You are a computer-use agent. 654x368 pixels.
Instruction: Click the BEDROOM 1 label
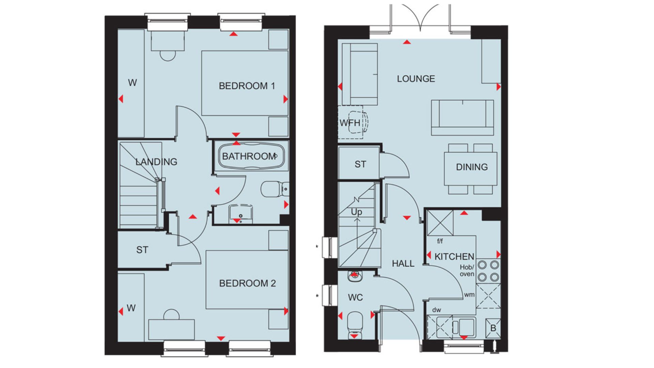pyautogui.click(x=247, y=86)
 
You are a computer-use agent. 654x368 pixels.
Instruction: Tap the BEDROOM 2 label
pyautogui.click(x=247, y=283)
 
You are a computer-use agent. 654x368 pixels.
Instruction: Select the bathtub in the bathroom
pyautogui.click(x=251, y=156)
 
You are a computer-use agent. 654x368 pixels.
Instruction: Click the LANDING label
pyautogui.click(x=156, y=162)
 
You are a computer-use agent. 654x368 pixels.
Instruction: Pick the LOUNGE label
pyautogui.click(x=416, y=79)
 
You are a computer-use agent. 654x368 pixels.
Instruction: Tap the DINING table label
pyautogui.click(x=472, y=167)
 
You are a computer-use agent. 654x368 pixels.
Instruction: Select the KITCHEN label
pyautogui.click(x=454, y=257)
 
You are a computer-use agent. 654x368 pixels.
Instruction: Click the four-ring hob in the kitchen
pyautogui.click(x=488, y=271)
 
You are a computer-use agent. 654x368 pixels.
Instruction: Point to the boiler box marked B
pyautogui.click(x=493, y=328)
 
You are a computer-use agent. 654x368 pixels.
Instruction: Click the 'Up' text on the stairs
pyautogui.click(x=356, y=212)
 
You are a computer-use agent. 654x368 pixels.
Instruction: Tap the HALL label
pyautogui.click(x=403, y=263)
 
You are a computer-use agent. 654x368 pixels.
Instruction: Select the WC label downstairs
pyautogui.click(x=355, y=298)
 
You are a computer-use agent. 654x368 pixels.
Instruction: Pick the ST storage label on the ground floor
pyautogui.click(x=360, y=165)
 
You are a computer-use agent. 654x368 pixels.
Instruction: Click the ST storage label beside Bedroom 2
pyautogui.click(x=142, y=250)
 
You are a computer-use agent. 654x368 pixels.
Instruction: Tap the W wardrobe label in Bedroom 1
pyautogui.click(x=132, y=82)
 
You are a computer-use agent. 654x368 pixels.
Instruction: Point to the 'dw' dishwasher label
pyautogui.click(x=436, y=310)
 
